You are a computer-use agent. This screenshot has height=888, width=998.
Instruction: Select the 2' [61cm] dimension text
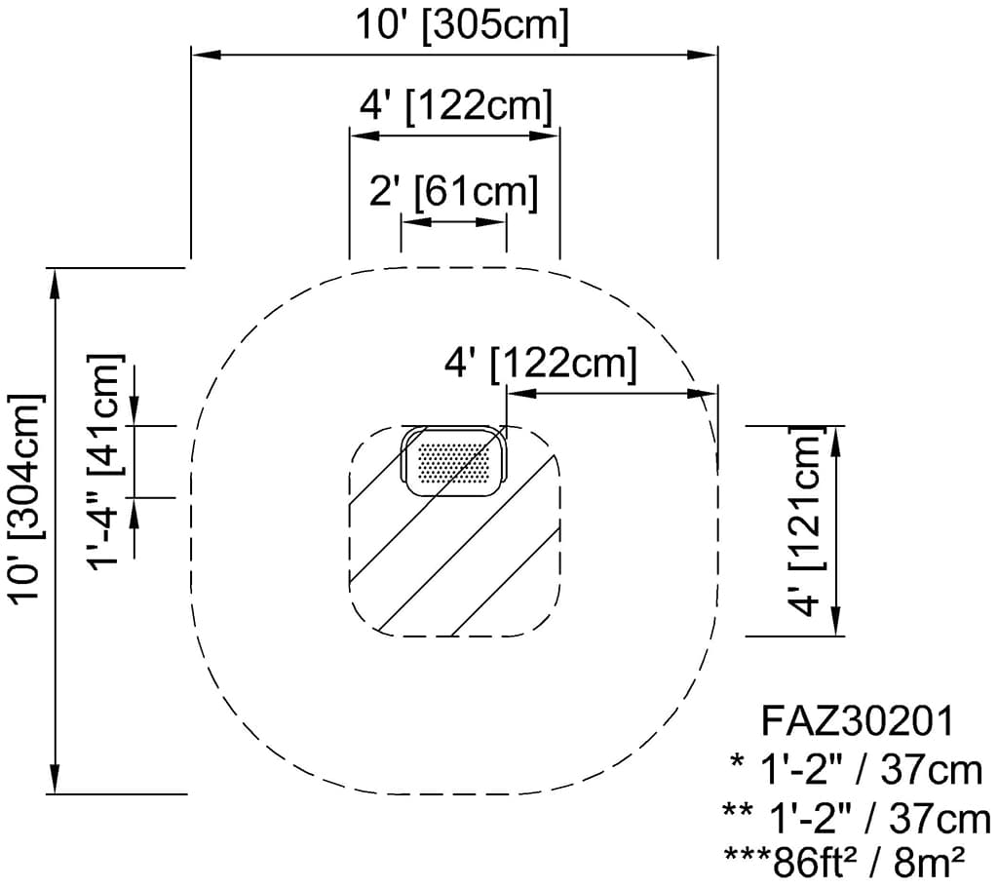click(453, 193)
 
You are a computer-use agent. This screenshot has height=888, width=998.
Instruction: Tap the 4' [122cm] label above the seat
click(540, 366)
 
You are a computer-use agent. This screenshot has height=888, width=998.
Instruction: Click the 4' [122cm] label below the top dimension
click(455, 105)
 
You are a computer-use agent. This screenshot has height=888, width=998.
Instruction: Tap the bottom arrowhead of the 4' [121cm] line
click(836, 622)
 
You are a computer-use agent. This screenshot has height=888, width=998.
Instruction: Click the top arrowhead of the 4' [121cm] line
click(836, 440)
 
